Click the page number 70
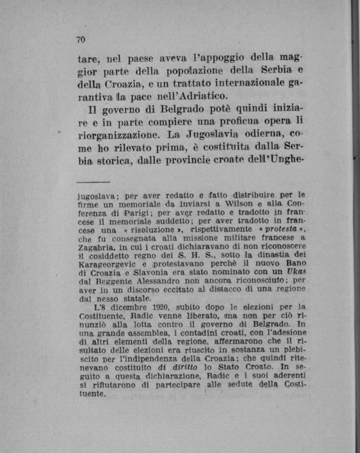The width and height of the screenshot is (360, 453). click(x=82, y=40)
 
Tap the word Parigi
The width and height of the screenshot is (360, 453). click(x=139, y=212)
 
